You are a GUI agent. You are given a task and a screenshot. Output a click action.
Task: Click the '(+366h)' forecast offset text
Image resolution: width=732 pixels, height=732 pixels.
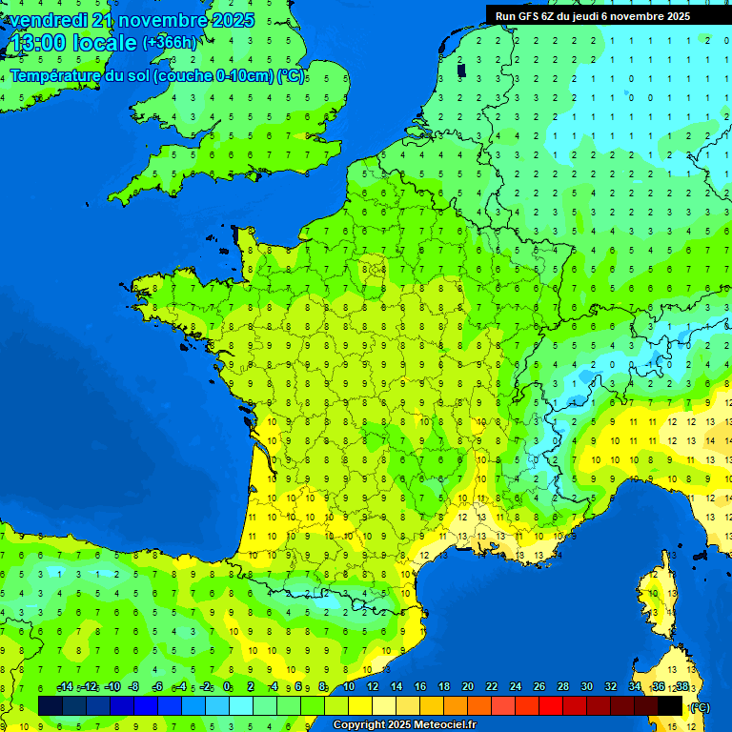170,42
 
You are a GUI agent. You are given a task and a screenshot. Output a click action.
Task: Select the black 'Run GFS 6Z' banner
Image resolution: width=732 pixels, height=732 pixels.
607,15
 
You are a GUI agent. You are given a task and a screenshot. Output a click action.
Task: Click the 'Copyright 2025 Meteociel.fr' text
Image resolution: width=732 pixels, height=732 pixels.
404,725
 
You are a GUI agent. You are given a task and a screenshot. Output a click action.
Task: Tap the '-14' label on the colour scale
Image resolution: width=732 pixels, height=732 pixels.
65,687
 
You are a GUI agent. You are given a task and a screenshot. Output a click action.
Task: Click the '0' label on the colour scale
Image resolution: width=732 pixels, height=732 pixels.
227,687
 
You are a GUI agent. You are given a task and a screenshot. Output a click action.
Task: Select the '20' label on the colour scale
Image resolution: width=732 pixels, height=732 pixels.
468,687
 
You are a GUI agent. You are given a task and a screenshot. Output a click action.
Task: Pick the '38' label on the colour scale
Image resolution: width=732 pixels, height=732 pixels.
682,687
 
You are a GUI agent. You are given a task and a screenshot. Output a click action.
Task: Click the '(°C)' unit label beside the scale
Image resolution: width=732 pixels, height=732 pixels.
700,707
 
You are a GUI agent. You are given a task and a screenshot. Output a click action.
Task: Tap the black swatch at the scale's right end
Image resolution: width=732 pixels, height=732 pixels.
670,705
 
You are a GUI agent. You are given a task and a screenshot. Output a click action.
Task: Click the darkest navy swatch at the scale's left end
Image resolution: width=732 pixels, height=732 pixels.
51,705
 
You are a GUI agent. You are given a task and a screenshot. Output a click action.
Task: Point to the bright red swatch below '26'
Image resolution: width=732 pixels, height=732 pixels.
551,705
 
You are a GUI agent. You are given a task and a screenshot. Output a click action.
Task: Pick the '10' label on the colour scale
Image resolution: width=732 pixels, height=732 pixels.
349,687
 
